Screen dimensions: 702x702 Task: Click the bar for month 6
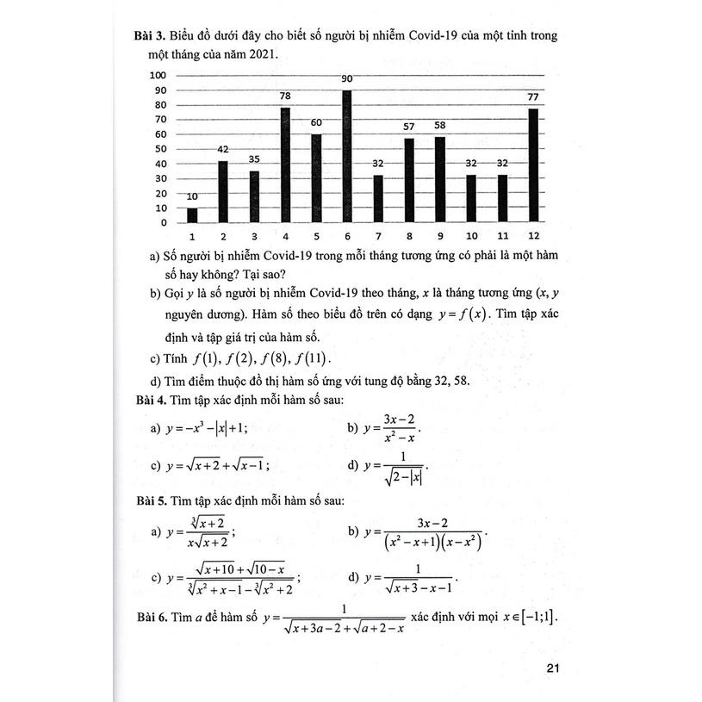347,156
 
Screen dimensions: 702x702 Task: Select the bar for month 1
192,215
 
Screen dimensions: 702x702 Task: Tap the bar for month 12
533,165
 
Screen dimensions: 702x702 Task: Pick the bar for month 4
285,165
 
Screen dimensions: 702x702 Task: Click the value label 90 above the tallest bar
348,80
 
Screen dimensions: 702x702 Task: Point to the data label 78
285,97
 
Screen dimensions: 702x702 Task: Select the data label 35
254,159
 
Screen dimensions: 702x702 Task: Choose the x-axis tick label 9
440,236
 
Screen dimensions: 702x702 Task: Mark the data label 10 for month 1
192,196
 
